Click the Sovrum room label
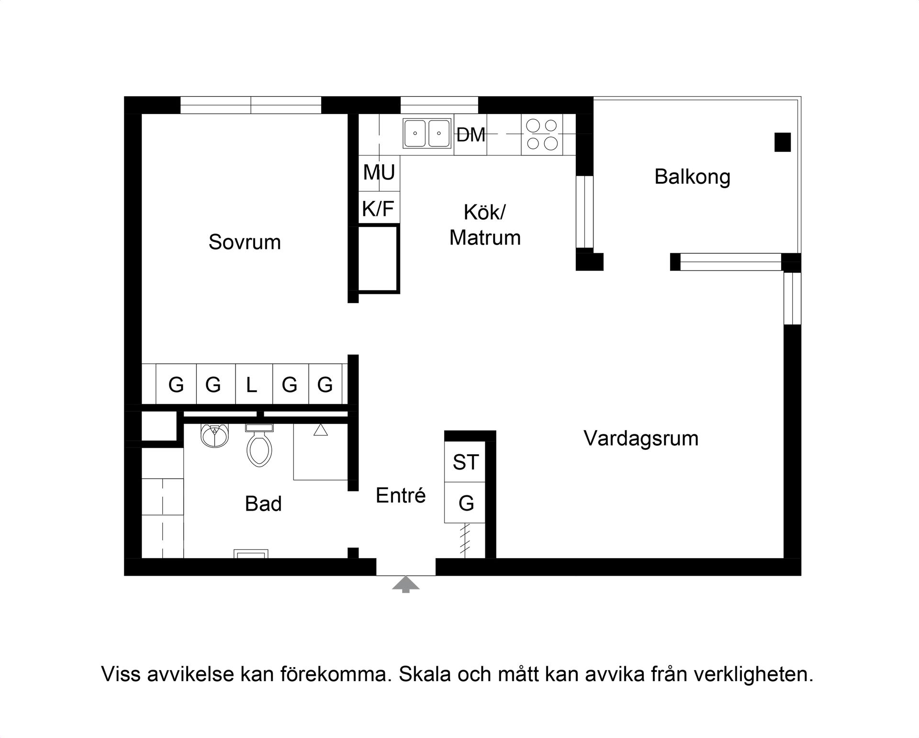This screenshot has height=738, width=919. [245, 242]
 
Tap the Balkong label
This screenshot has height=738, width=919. [692, 177]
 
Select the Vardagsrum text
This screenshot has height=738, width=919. [641, 438]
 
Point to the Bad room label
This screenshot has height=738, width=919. [263, 504]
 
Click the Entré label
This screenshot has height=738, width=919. [401, 495]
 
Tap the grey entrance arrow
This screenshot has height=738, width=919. [406, 584]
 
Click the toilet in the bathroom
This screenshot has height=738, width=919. [259, 447]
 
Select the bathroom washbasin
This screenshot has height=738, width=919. [214, 435]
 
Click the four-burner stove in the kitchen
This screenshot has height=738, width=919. [542, 134]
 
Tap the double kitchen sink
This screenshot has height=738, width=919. [427, 134]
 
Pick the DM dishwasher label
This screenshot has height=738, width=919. [471, 135]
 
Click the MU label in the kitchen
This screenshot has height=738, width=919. [379, 173]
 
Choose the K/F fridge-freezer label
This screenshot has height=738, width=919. [378, 209]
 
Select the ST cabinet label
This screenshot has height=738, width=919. [465, 462]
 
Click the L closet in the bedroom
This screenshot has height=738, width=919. [252, 385]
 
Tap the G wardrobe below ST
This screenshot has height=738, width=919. [466, 503]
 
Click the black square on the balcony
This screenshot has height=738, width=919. [783, 142]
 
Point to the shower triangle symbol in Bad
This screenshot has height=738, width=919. [320, 430]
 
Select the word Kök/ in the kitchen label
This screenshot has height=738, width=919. [484, 212]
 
